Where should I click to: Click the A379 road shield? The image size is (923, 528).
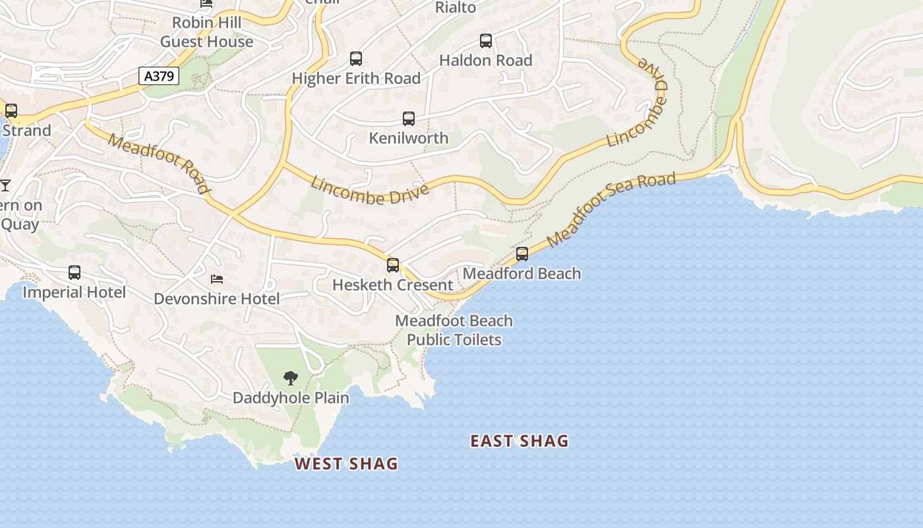pyautogui.click(x=159, y=76)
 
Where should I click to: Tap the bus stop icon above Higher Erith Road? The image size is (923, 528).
pyautogui.click(x=356, y=59)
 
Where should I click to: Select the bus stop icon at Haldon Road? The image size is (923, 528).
pyautogui.click(x=486, y=41)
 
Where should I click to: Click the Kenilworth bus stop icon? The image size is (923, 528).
pyautogui.click(x=409, y=119)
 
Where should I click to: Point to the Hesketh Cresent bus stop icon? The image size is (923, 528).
pyautogui.click(x=393, y=265)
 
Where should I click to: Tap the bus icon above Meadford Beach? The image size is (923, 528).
pyautogui.click(x=522, y=254)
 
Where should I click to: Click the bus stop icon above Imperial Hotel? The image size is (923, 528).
pyautogui.click(x=74, y=273)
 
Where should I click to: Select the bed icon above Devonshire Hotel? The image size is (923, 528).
pyautogui.click(x=217, y=279)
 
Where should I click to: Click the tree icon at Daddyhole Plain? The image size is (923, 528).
pyautogui.click(x=290, y=378)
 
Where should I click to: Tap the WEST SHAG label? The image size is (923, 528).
pyautogui.click(x=346, y=464)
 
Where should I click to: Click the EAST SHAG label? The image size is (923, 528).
pyautogui.click(x=520, y=442)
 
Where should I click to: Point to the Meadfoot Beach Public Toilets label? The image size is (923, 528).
pyautogui.click(x=454, y=330)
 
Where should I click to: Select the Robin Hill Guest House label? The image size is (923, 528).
pyautogui.click(x=206, y=32)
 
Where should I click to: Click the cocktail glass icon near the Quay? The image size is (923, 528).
pyautogui.click(x=5, y=185)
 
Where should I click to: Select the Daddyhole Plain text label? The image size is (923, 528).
pyautogui.click(x=291, y=398)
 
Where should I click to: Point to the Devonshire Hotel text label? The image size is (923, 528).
pyautogui.click(x=217, y=299)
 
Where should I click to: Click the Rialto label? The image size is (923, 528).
pyautogui.click(x=456, y=7)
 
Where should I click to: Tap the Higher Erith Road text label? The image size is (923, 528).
pyautogui.click(x=356, y=79)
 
